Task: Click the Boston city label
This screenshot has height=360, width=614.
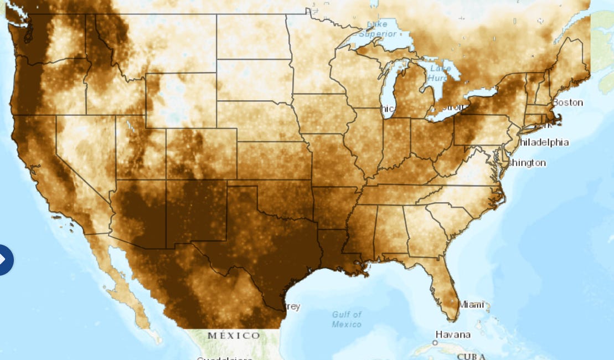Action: point(567,102)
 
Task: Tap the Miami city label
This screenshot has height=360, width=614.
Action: point(471,305)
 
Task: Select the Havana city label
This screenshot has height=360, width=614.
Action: point(453,335)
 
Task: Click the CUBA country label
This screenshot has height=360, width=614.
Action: point(472,356)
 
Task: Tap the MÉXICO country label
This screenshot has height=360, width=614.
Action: point(234,336)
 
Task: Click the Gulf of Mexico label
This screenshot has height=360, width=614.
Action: point(347,319)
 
